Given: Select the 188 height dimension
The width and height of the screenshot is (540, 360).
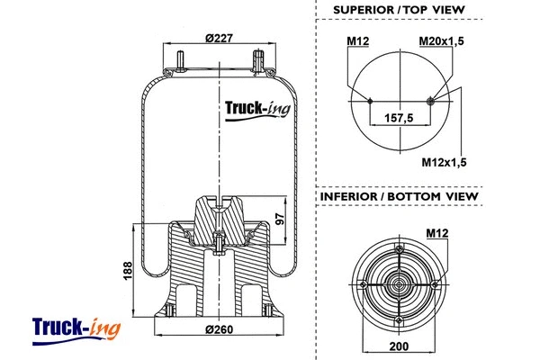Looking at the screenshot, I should point(128,269).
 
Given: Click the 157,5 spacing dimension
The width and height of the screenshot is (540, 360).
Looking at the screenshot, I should point(399,118).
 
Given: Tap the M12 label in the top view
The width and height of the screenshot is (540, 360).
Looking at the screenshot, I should point(358,40).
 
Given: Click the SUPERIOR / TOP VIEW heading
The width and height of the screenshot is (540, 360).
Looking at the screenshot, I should point(399,10).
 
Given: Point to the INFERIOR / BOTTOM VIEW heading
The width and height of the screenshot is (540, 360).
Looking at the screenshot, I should point(399,196).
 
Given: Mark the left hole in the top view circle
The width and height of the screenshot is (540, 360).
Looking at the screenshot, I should point(369,100).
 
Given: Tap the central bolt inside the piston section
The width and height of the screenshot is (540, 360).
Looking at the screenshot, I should point(220,242).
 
